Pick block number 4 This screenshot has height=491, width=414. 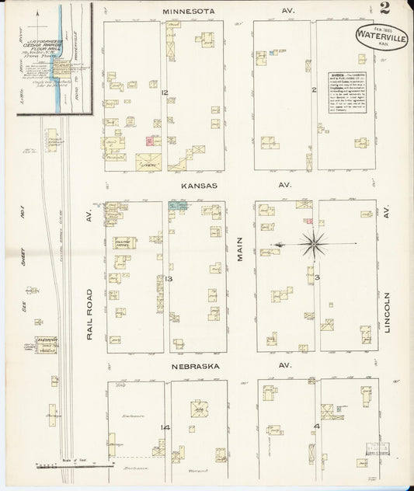tap(316, 426)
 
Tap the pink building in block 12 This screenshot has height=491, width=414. tap(148, 141)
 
